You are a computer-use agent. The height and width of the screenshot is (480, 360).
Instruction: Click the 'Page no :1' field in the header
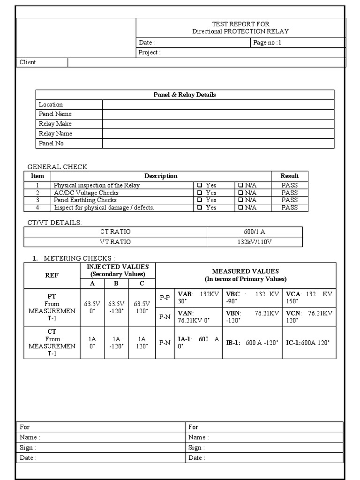click(x=267, y=43)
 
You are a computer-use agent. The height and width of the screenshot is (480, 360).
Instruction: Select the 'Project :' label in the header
click(x=149, y=52)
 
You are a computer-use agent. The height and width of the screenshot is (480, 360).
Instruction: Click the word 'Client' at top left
click(x=28, y=62)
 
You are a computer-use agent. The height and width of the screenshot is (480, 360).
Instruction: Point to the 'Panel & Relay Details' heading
click(x=185, y=95)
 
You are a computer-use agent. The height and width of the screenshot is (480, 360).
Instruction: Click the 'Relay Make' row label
click(x=55, y=124)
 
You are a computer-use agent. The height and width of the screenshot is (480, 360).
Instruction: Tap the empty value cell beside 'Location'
click(x=218, y=105)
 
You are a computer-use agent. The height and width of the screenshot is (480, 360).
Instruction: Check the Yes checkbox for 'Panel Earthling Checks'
click(x=200, y=200)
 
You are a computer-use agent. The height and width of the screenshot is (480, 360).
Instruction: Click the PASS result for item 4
click(x=289, y=208)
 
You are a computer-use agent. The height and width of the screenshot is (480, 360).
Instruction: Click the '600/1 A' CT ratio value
click(x=255, y=232)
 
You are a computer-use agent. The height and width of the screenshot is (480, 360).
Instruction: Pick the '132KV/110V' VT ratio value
click(x=255, y=242)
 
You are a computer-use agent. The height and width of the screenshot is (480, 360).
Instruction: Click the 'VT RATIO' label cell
click(x=115, y=242)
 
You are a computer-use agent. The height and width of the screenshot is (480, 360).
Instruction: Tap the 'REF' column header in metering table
click(x=52, y=275)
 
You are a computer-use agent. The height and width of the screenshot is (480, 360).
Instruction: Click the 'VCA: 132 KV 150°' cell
click(x=309, y=297)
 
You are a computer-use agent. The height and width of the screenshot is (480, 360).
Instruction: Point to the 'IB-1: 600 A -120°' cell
click(x=253, y=343)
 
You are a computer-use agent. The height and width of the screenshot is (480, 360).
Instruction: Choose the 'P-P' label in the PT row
click(x=165, y=297)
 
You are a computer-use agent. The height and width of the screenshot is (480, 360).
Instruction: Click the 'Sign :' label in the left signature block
click(x=27, y=448)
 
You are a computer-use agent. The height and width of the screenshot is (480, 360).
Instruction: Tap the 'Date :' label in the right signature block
click(x=196, y=458)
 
